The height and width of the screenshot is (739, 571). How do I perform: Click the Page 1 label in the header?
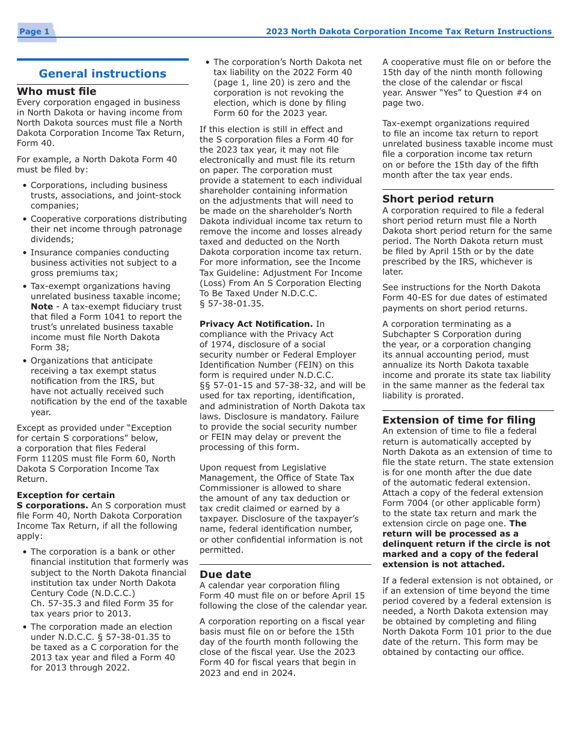34,32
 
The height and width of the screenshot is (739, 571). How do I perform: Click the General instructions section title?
102,74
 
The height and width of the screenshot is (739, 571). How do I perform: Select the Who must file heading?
56,91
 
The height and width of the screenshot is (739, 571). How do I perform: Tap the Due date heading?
225,574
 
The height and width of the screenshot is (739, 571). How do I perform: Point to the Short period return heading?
438,199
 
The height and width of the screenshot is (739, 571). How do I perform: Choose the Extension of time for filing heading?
459,420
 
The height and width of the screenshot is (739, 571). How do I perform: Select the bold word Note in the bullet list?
41,306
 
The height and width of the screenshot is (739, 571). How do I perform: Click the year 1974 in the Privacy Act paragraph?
217,344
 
